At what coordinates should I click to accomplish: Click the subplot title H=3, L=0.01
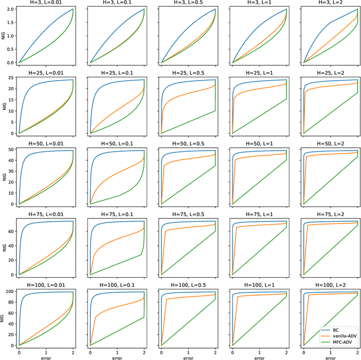46,3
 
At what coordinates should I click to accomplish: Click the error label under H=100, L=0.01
46,357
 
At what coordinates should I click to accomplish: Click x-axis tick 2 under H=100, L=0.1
144,350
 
